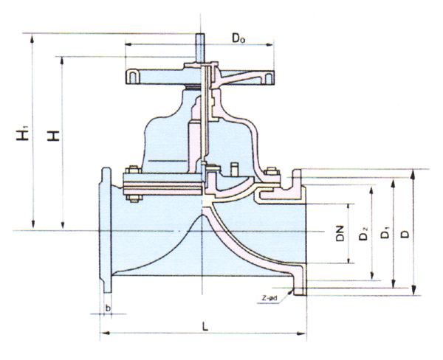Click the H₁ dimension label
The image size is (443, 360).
(24, 135)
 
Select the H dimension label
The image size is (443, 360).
(52, 135)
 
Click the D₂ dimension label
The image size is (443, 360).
(363, 235)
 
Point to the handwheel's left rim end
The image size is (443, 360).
(133, 76)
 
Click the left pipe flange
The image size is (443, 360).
(106, 230)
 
